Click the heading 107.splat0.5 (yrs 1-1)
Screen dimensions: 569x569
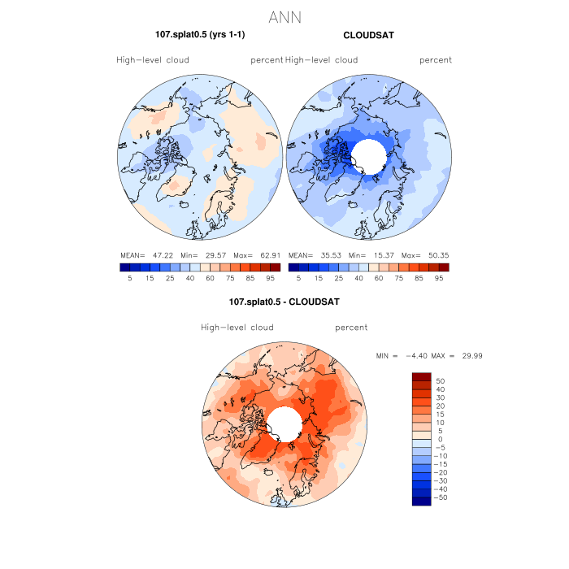[x=200, y=35]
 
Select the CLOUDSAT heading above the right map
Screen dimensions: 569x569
[x=368, y=36]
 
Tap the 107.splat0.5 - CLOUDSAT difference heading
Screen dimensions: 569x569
[x=284, y=302]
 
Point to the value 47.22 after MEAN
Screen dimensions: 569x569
[x=157, y=254]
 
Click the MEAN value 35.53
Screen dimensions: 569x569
[x=326, y=254]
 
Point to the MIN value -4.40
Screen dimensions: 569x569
[x=417, y=356]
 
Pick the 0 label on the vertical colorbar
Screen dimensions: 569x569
[x=439, y=439]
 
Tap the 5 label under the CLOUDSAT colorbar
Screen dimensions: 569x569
[x=298, y=277]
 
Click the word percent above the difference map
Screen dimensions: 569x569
[x=351, y=328]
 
